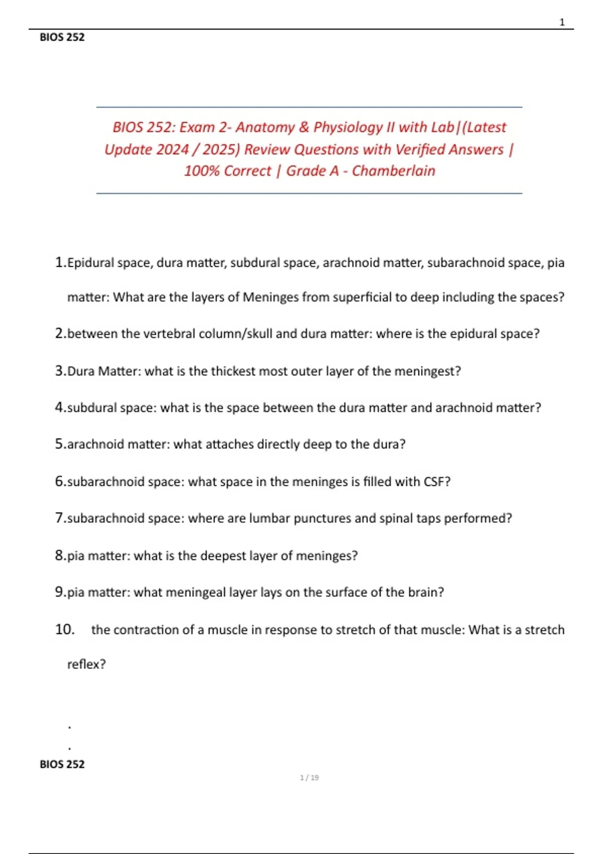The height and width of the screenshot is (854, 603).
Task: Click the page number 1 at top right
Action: click(562, 22)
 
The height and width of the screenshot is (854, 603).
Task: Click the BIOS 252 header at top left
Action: click(62, 37)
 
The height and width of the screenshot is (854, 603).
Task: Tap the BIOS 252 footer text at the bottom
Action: click(62, 764)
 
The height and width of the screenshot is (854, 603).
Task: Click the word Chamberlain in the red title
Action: click(393, 171)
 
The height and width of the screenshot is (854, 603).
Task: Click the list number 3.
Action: click(60, 371)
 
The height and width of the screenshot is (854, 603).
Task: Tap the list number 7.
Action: click(60, 518)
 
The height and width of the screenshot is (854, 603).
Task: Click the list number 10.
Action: click(64, 629)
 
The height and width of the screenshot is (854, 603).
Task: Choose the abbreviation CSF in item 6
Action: click(437, 482)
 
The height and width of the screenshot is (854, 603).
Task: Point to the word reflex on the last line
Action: click(86, 664)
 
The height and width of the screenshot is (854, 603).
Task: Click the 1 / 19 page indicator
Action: click(309, 778)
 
